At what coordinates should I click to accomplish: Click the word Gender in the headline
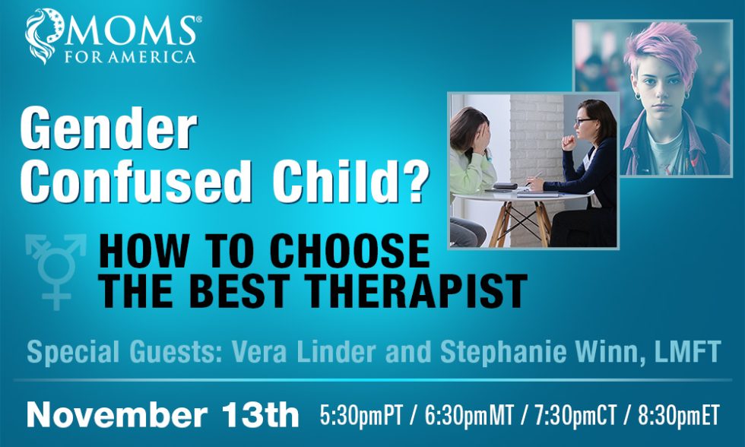pyautogui.click(x=108, y=128)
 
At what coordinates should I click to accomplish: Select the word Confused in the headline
pyautogui.click(x=136, y=181)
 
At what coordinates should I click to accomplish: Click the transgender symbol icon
pyautogui.click(x=56, y=271)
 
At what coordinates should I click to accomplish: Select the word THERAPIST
pyautogui.click(x=411, y=290)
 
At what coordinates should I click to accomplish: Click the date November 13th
pyautogui.click(x=163, y=415)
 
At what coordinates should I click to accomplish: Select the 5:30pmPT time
pyautogui.click(x=361, y=415)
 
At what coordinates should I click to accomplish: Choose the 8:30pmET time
pyautogui.click(x=678, y=415)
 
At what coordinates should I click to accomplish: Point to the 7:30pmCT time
pyautogui.click(x=575, y=415)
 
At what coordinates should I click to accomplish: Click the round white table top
pyautogui.click(x=520, y=195)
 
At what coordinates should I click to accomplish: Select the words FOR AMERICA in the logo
pyautogui.click(x=130, y=56)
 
